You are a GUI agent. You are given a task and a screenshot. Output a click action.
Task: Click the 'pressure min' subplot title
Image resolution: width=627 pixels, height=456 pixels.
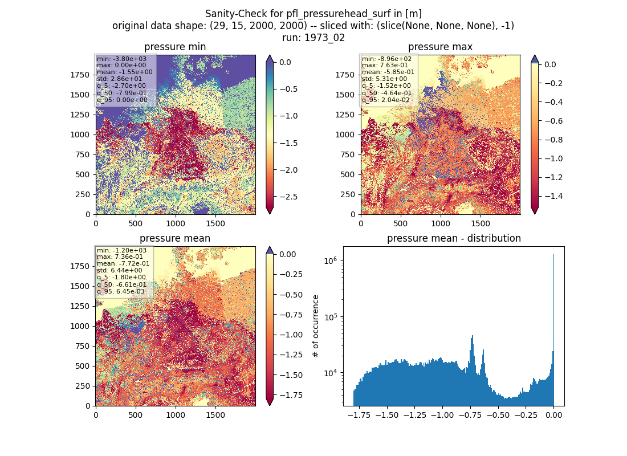coord(175,47)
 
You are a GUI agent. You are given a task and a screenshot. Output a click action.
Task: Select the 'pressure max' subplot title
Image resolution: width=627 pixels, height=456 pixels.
coord(440,47)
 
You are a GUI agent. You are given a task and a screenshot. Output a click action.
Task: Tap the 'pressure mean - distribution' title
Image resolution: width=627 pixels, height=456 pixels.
coord(454,238)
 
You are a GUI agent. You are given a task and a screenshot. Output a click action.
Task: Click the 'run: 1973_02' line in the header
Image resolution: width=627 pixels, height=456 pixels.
coord(313,38)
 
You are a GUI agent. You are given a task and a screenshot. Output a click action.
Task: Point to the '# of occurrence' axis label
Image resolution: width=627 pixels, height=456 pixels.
coord(316,327)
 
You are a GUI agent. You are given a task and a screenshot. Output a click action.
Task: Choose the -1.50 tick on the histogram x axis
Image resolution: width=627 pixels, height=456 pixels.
coord(387,415)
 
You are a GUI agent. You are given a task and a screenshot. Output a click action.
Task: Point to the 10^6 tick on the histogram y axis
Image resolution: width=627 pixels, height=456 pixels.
coord(330,260)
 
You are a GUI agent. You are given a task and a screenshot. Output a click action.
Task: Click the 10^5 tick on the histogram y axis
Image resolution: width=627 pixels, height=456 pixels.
coord(330,317)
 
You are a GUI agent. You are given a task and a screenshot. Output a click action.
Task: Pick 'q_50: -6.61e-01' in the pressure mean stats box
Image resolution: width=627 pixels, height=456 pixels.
coord(121,284)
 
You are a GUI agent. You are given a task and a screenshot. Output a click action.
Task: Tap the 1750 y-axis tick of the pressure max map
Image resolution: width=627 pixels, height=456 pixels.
coord(345,75)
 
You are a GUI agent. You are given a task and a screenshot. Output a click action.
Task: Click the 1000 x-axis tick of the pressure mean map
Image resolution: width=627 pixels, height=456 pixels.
coord(176,415)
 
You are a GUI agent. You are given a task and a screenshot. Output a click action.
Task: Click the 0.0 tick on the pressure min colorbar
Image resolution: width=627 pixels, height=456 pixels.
coord(285,62)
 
